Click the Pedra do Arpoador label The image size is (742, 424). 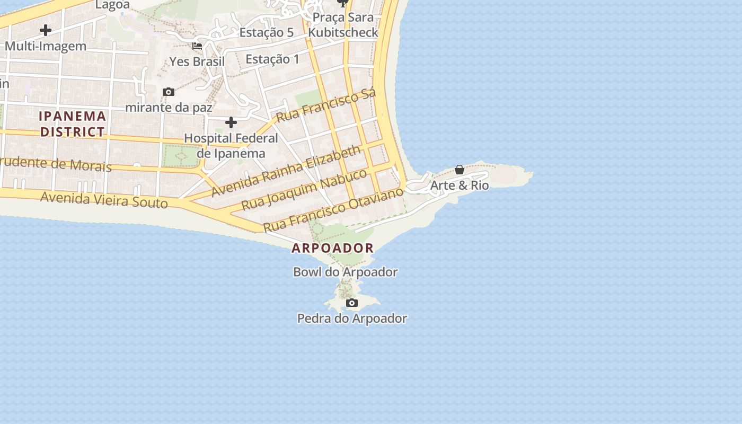click(x=352, y=319)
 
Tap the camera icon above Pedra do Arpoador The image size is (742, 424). click(x=352, y=303)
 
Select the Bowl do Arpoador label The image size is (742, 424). click(x=345, y=272)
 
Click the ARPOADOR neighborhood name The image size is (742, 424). click(x=333, y=248)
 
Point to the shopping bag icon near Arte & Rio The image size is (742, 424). click(x=460, y=170)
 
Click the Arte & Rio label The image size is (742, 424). click(x=460, y=185)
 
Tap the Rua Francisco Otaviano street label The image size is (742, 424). click(x=333, y=209)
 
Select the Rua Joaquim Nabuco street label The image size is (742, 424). click(x=304, y=190)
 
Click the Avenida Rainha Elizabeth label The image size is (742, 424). click(x=286, y=171)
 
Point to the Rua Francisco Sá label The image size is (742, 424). click(x=326, y=105)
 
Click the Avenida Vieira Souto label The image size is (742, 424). click(x=104, y=200)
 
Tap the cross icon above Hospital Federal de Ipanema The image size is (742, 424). click(x=231, y=123)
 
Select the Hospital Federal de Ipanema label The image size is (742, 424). click(x=231, y=146)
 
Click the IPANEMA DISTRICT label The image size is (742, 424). click(x=73, y=124)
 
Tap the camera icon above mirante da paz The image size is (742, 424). click(x=169, y=92)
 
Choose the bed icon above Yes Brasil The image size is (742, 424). click(x=197, y=46)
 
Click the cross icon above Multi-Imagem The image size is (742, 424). click(x=46, y=30)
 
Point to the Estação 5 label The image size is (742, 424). click(x=266, y=32)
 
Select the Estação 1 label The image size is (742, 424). click(x=272, y=59)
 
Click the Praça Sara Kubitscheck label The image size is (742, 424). click(x=343, y=25)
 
